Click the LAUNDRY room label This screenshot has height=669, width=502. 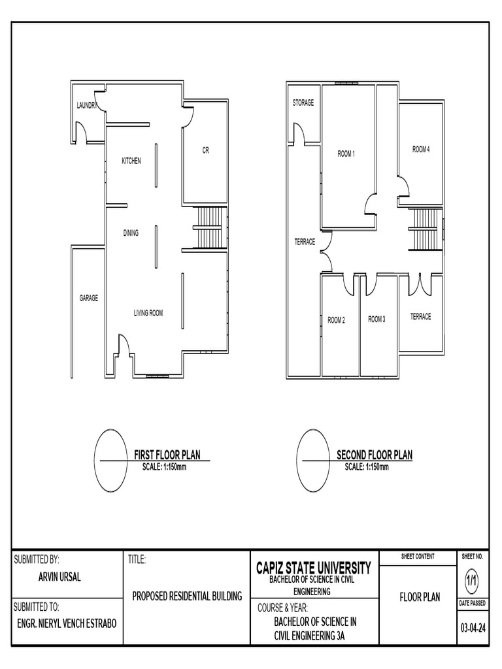(87, 105)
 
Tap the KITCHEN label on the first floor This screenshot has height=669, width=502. (131, 161)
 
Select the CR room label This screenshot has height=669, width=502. (205, 150)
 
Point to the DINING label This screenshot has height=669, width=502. (131, 233)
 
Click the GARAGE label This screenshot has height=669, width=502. (89, 298)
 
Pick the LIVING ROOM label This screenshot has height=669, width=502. (148, 314)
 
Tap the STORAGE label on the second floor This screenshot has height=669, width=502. (303, 103)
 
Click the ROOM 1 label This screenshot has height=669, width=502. (346, 154)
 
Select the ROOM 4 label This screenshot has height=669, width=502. (421, 150)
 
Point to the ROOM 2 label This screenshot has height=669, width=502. (336, 320)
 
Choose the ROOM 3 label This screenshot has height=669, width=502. (376, 319)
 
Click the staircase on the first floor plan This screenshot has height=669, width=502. (210, 227)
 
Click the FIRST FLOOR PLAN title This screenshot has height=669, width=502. (167, 455)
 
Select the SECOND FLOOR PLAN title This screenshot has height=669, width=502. (375, 455)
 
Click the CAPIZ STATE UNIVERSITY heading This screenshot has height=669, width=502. (314, 568)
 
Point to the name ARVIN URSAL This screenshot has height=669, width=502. (59, 578)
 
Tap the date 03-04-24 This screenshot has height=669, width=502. (473, 628)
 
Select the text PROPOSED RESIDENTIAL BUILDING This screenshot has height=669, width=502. (188, 596)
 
